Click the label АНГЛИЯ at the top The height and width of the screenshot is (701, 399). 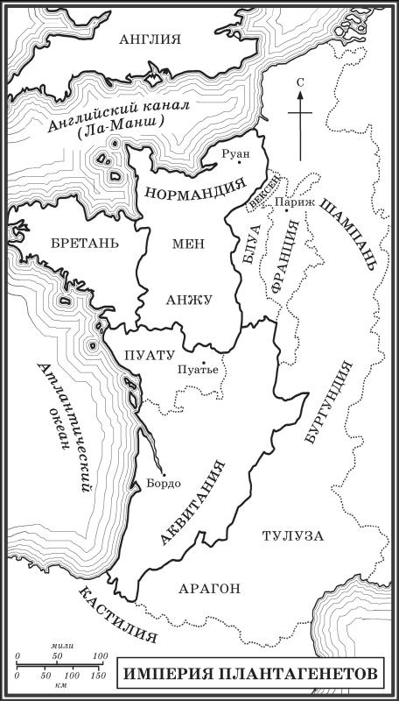click(150, 39)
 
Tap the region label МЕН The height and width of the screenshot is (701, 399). click(187, 248)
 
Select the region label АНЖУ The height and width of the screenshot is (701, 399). click(189, 300)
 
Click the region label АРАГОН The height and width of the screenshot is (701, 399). click(207, 590)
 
